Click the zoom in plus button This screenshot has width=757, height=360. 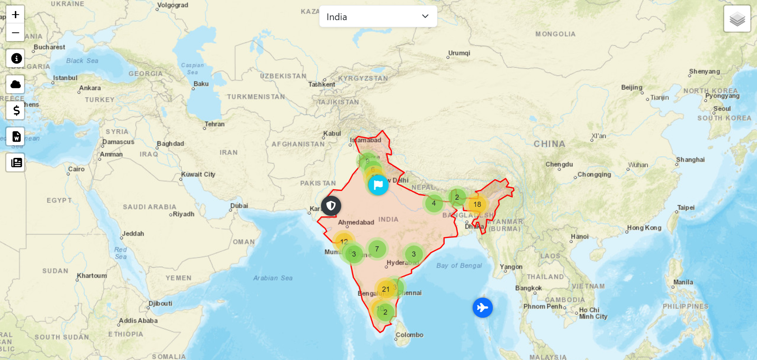[x=15, y=15]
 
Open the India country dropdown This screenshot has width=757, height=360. [x=378, y=17]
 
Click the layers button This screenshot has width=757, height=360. [x=737, y=19]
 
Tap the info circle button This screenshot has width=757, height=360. [x=16, y=58]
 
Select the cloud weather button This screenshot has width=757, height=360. [x=16, y=84]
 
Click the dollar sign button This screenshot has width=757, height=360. [x=16, y=110]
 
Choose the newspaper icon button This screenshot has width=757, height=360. [x=16, y=163]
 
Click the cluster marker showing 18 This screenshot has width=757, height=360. [x=477, y=204]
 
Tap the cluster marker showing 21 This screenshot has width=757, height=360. [x=386, y=289]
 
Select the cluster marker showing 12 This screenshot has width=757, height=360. [x=344, y=242]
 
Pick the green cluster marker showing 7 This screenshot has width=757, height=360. [x=377, y=249]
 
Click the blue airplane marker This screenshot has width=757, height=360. [x=483, y=307]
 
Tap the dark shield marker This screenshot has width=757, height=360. [x=331, y=206]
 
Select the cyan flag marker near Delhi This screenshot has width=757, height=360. [x=378, y=185]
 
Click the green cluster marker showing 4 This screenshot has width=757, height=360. [x=434, y=203]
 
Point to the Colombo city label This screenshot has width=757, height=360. [x=409, y=335]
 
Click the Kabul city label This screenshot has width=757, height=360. [x=332, y=133]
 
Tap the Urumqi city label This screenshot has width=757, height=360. [x=459, y=53]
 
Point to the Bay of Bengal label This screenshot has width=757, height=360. [x=459, y=266]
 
